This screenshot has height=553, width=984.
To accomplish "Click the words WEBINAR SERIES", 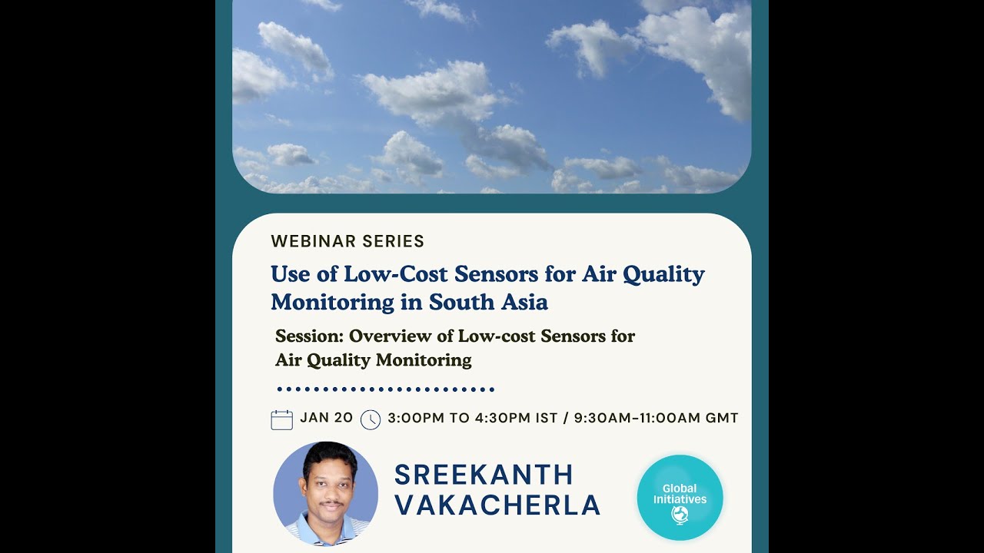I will [x=347, y=241].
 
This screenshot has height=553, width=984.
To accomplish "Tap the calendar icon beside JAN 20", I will [x=282, y=419].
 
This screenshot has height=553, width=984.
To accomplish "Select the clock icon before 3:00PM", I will [x=371, y=419].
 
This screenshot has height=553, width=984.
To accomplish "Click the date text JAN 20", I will [x=327, y=418].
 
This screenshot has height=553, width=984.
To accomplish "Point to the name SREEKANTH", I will [x=484, y=475].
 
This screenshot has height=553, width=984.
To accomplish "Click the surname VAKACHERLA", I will [x=497, y=505].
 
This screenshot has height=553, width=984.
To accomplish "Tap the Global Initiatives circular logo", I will [x=680, y=497].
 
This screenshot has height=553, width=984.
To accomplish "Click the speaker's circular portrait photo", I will [x=326, y=493].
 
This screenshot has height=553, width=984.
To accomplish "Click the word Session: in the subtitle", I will [x=309, y=336].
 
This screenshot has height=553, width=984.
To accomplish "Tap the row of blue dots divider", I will [x=385, y=389].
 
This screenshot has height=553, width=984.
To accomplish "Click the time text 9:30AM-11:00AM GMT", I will [x=656, y=418].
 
